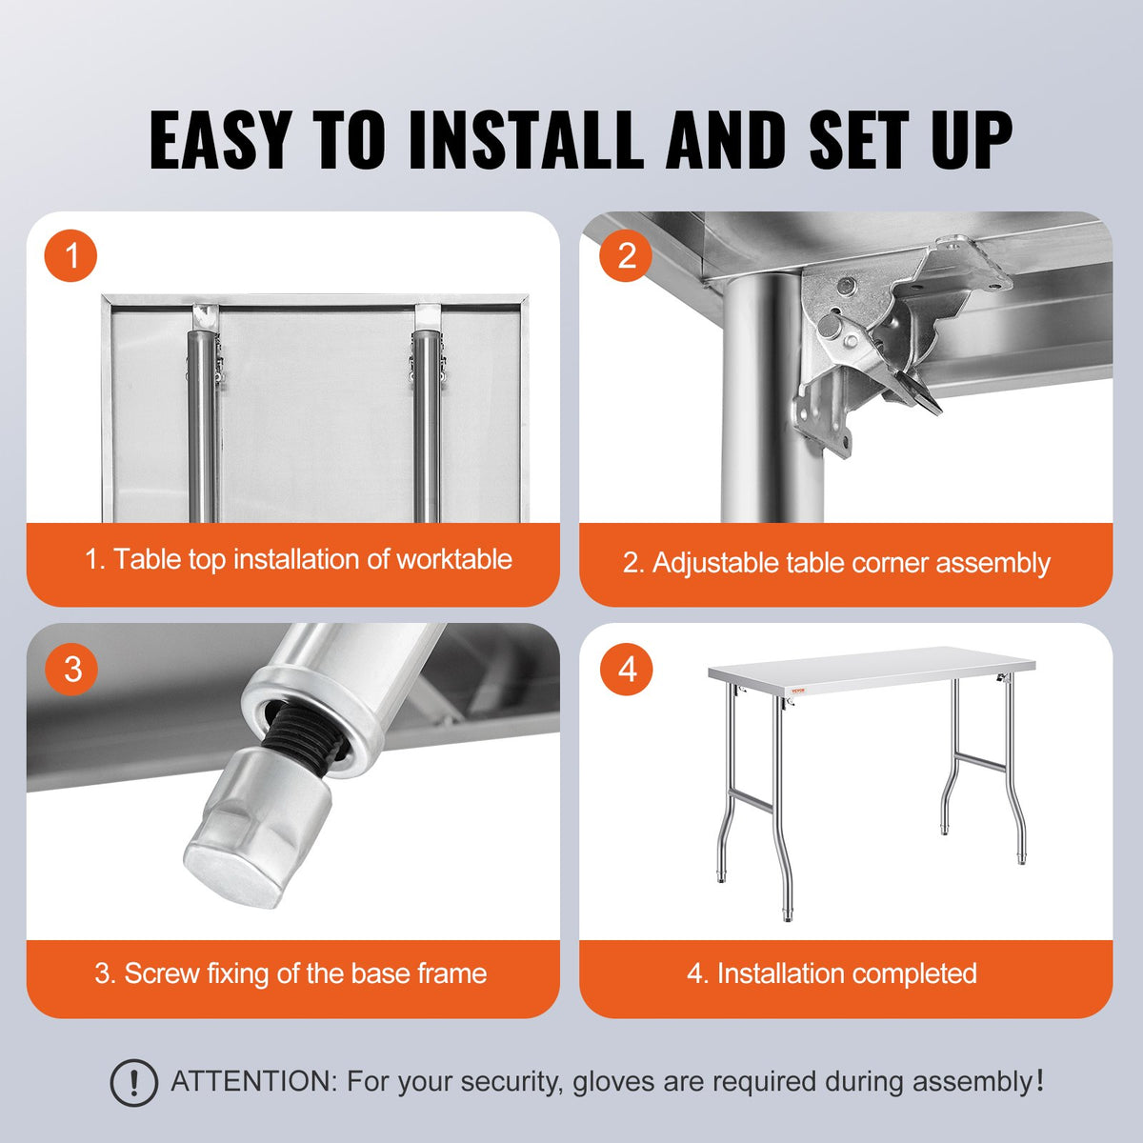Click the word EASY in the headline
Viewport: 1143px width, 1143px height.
219,141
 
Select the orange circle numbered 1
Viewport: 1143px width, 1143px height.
70,255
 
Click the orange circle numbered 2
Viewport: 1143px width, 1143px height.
626,255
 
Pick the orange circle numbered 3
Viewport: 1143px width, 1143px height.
72,669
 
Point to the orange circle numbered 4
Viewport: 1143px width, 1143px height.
626,669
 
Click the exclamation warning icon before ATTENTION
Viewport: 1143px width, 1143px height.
133,1083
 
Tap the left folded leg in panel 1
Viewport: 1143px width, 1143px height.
202,419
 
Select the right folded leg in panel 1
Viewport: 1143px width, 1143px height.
426,419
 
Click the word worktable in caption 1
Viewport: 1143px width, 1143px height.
453,559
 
